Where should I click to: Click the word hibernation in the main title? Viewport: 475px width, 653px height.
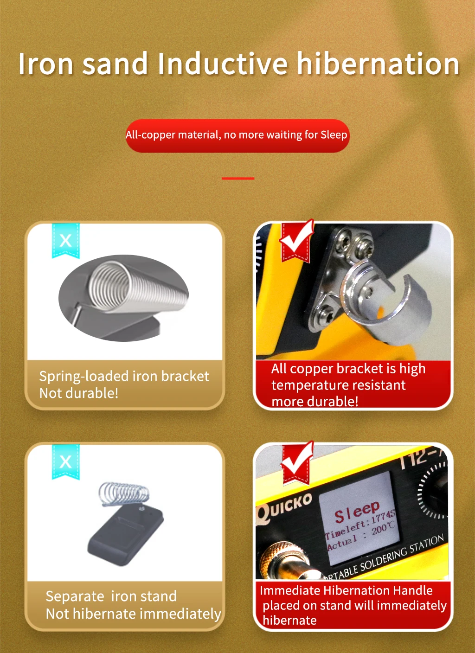(x=378, y=63)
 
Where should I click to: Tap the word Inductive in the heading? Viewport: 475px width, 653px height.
(x=223, y=63)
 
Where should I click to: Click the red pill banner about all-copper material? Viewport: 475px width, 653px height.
(x=237, y=135)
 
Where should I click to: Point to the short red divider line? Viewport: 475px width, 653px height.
(x=238, y=178)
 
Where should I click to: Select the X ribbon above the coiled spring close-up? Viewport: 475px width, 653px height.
(x=65, y=241)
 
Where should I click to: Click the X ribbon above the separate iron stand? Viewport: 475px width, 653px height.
(x=65, y=461)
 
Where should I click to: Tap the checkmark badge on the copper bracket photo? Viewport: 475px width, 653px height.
(x=296, y=241)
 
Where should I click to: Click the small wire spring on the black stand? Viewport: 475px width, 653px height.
(x=124, y=494)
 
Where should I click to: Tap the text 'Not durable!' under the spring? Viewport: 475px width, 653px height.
(x=79, y=393)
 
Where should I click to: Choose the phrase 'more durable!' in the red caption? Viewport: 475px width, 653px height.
(x=315, y=402)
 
